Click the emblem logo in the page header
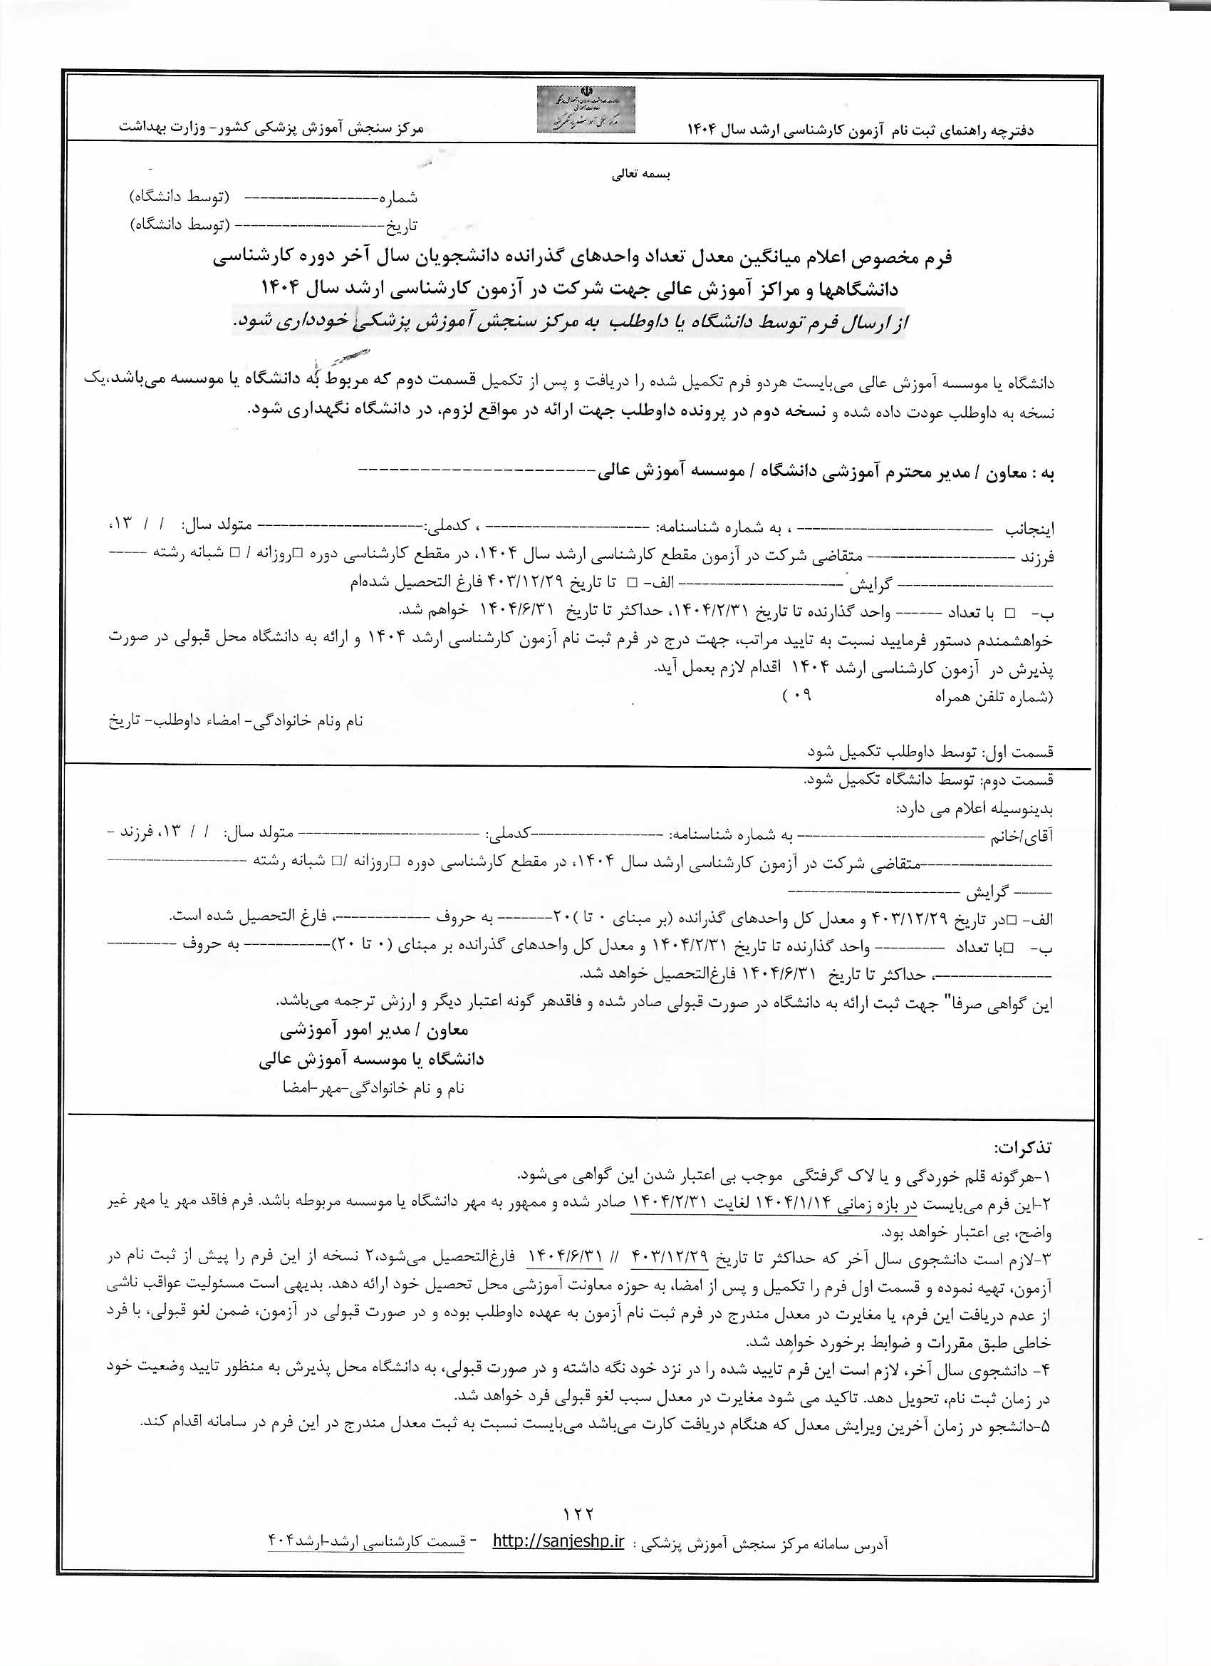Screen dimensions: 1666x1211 click(586, 110)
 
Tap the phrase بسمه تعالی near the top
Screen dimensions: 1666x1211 click(640, 175)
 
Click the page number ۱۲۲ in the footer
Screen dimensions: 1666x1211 click(578, 1514)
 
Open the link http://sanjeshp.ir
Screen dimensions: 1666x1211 click(558, 1541)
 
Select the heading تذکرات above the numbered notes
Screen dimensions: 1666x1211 click(1022, 1147)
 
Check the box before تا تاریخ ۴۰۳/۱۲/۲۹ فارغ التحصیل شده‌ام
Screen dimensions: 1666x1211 click(632, 582)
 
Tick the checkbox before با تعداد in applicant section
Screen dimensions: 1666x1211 click(1010, 612)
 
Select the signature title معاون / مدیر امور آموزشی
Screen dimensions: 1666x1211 click(373, 1030)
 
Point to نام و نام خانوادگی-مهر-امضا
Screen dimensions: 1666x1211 click(373, 1088)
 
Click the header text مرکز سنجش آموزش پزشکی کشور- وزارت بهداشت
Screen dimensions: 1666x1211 click(271, 128)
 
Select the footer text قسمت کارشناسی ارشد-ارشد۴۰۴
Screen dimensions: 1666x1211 click(366, 1541)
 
